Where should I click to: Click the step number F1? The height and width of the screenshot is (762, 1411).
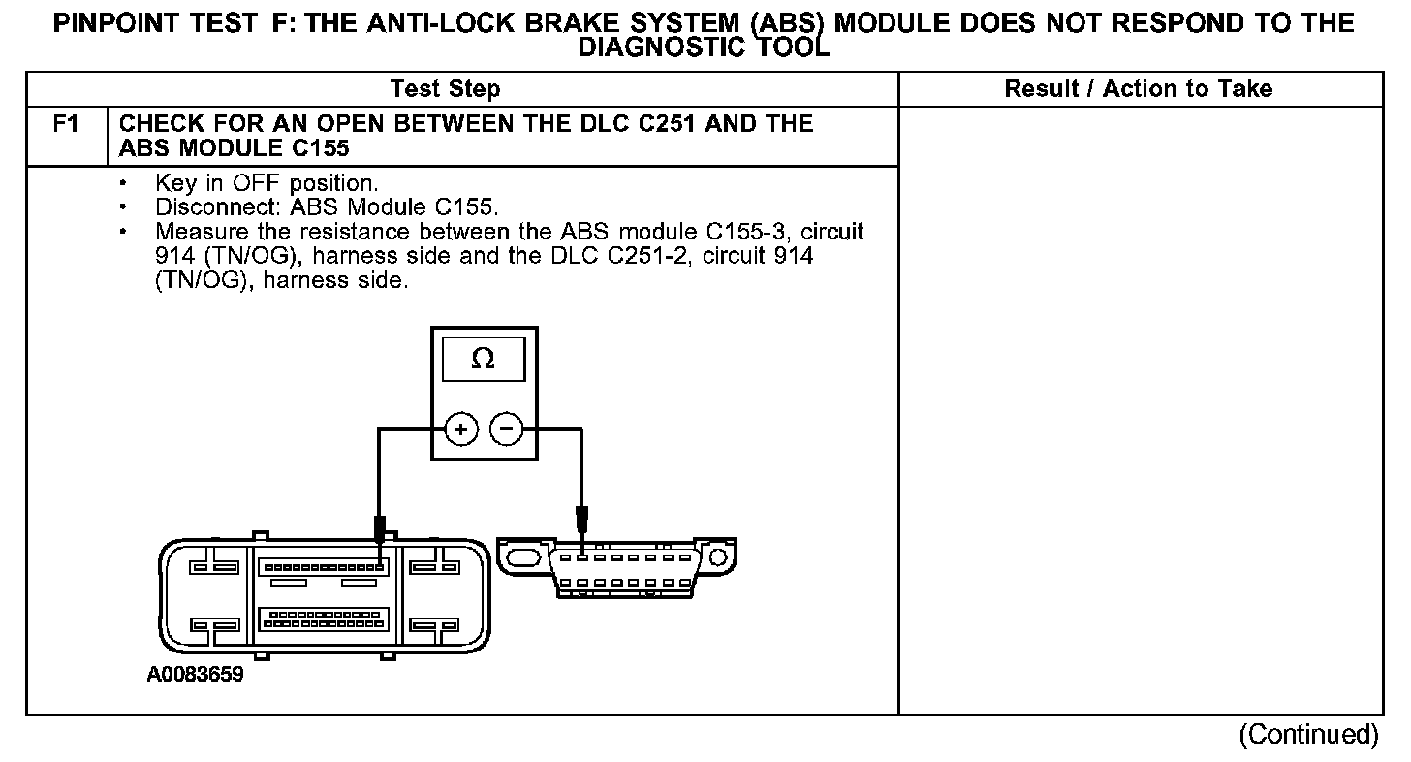[65, 124]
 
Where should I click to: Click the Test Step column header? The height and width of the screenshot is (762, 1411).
[445, 89]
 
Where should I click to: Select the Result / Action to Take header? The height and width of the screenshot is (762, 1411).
[1138, 89]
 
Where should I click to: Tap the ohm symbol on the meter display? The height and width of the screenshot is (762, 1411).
[483, 360]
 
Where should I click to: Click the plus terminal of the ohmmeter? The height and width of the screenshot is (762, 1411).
[462, 429]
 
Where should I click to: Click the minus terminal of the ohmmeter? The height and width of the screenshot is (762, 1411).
[506, 429]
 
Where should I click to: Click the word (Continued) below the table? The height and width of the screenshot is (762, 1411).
[1307, 734]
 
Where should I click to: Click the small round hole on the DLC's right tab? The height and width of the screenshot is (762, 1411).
[716, 557]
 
